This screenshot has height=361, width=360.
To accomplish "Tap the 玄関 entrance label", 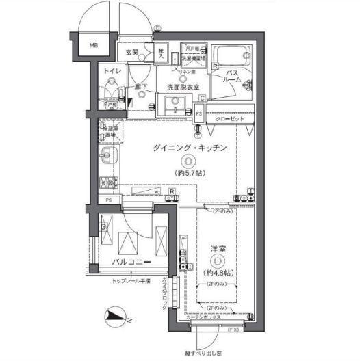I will pos(131,52).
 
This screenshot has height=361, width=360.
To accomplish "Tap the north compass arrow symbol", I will pos(115,315).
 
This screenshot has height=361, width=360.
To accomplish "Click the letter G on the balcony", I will pos(103,226).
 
